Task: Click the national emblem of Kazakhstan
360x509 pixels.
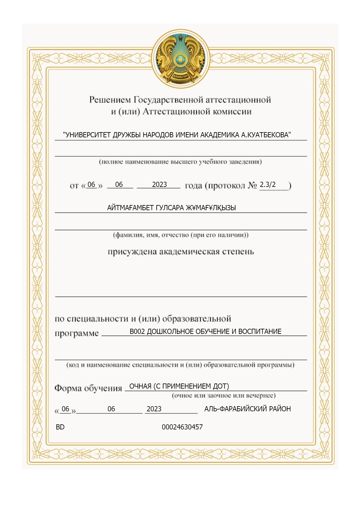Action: tap(181, 59)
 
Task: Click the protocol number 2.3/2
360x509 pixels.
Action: tap(268, 184)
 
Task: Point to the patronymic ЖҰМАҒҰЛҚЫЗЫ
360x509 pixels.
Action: tap(211, 208)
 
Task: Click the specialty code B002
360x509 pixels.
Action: tap(137, 331)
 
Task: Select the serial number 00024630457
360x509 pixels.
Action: tap(182, 427)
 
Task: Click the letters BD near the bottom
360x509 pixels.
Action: tap(60, 427)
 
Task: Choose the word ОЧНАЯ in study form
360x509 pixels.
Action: tap(140, 386)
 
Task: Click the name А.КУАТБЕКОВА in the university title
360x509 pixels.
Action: tap(266, 135)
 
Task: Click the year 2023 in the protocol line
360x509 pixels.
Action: tap(159, 184)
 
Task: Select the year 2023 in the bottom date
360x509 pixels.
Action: tap(154, 409)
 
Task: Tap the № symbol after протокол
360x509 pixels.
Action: tap(252, 185)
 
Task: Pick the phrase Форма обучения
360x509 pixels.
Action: tap(88, 388)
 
